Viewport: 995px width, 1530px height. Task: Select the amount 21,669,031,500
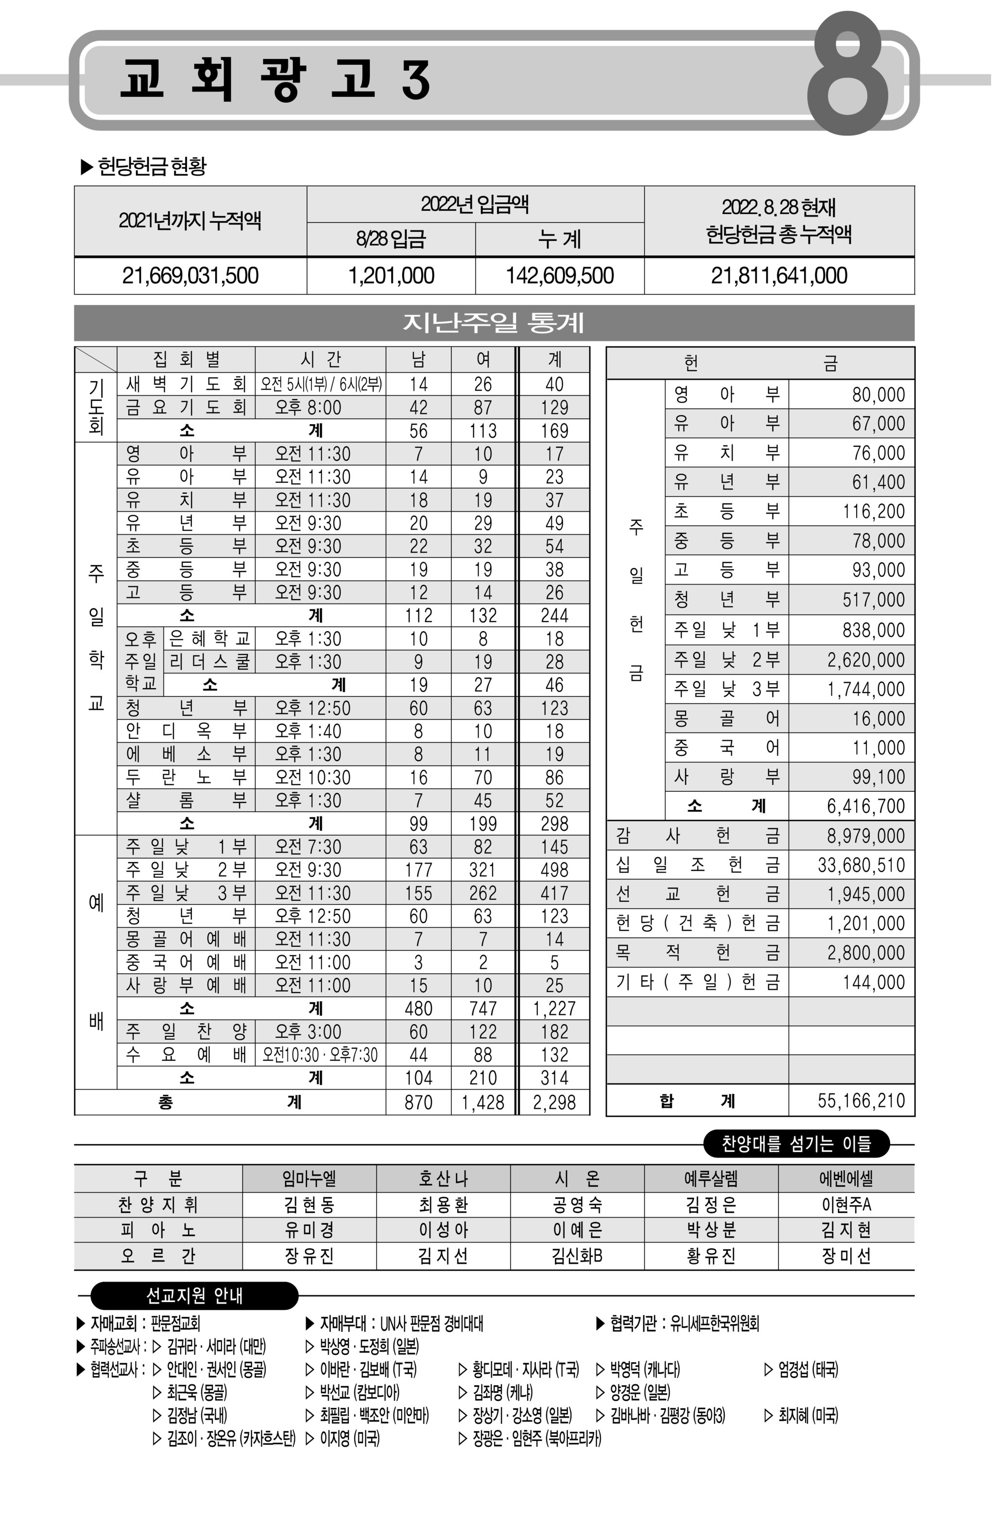click(x=190, y=276)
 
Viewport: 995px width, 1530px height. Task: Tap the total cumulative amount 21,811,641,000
click(x=778, y=276)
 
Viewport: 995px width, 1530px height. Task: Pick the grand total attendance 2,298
click(x=554, y=1103)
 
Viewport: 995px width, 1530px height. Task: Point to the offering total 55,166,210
click(x=861, y=1101)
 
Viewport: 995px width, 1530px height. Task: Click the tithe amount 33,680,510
click(x=861, y=865)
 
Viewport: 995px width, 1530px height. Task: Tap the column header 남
click(x=418, y=359)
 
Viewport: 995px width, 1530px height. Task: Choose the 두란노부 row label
click(x=186, y=777)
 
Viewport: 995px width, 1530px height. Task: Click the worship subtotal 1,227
click(x=554, y=1009)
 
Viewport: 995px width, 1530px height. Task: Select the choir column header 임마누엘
click(x=309, y=1178)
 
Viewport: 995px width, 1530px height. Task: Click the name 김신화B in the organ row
click(x=577, y=1256)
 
